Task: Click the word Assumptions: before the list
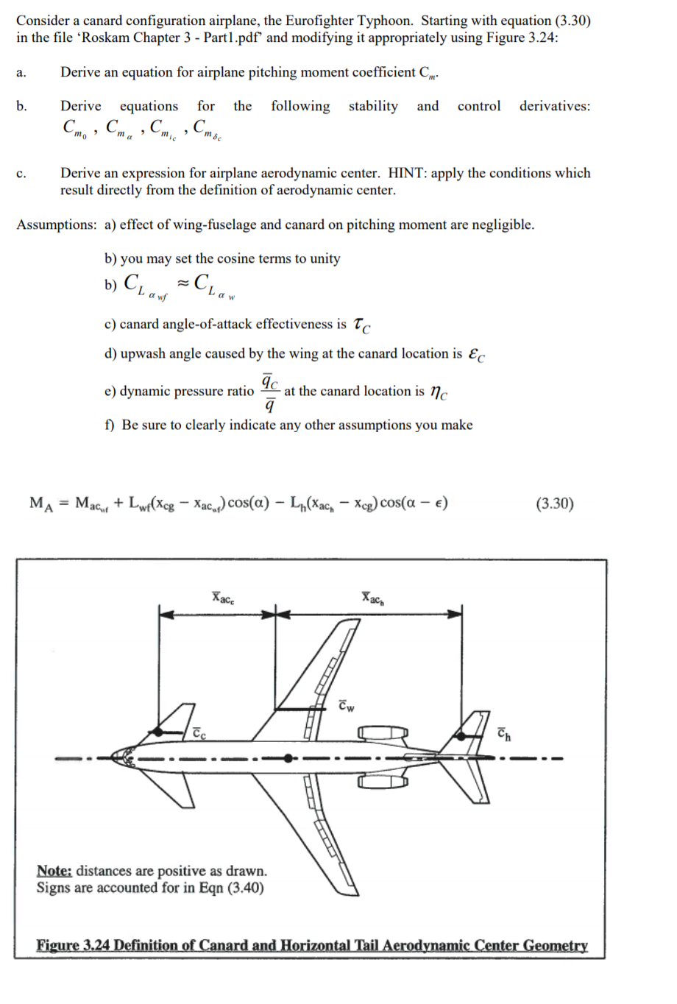[x=56, y=225]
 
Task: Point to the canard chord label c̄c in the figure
[x=199, y=733]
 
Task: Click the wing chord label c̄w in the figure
[x=347, y=707]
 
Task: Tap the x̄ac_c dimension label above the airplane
[x=224, y=597]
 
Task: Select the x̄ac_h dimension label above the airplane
[x=373, y=597]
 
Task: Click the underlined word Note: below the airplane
[x=54, y=872]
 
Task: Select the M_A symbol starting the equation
[x=40, y=504]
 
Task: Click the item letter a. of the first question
[x=21, y=73]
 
